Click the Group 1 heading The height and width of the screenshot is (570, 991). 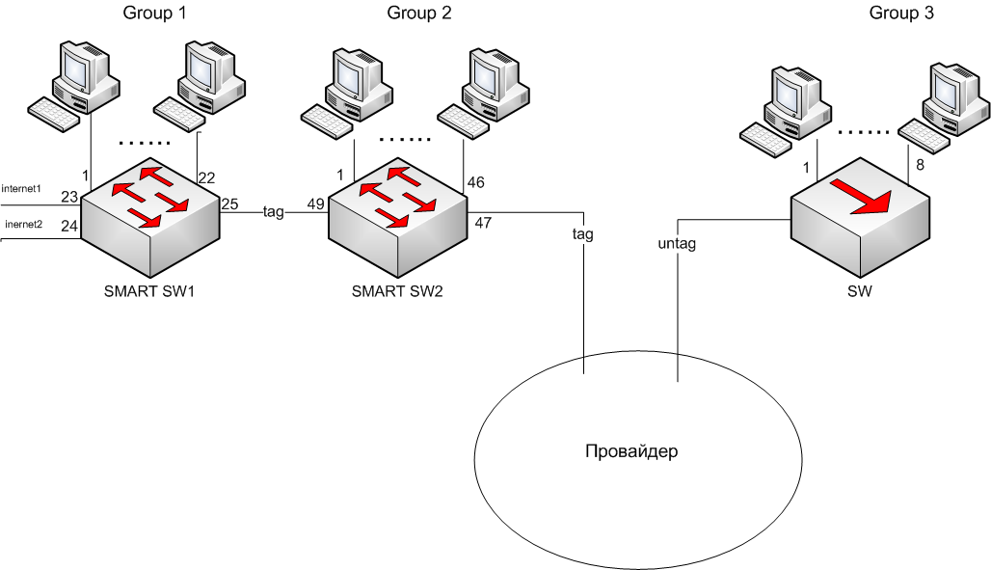click(x=154, y=13)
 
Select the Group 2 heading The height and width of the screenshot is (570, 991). click(x=419, y=13)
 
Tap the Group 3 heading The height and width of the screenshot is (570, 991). click(x=901, y=13)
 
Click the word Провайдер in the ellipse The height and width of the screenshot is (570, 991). click(x=631, y=451)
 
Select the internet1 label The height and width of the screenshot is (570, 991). click(x=22, y=187)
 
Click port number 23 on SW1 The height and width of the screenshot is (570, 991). click(x=68, y=197)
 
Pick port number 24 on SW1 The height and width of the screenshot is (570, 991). click(x=68, y=228)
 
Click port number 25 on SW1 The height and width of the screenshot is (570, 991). click(x=229, y=204)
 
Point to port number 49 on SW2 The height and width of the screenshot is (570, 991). click(x=316, y=204)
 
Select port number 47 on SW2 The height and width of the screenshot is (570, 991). click(x=483, y=223)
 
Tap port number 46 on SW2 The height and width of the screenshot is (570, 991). click(x=476, y=182)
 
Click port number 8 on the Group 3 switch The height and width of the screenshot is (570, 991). click(x=920, y=165)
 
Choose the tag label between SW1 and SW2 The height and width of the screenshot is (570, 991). click(x=274, y=212)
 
